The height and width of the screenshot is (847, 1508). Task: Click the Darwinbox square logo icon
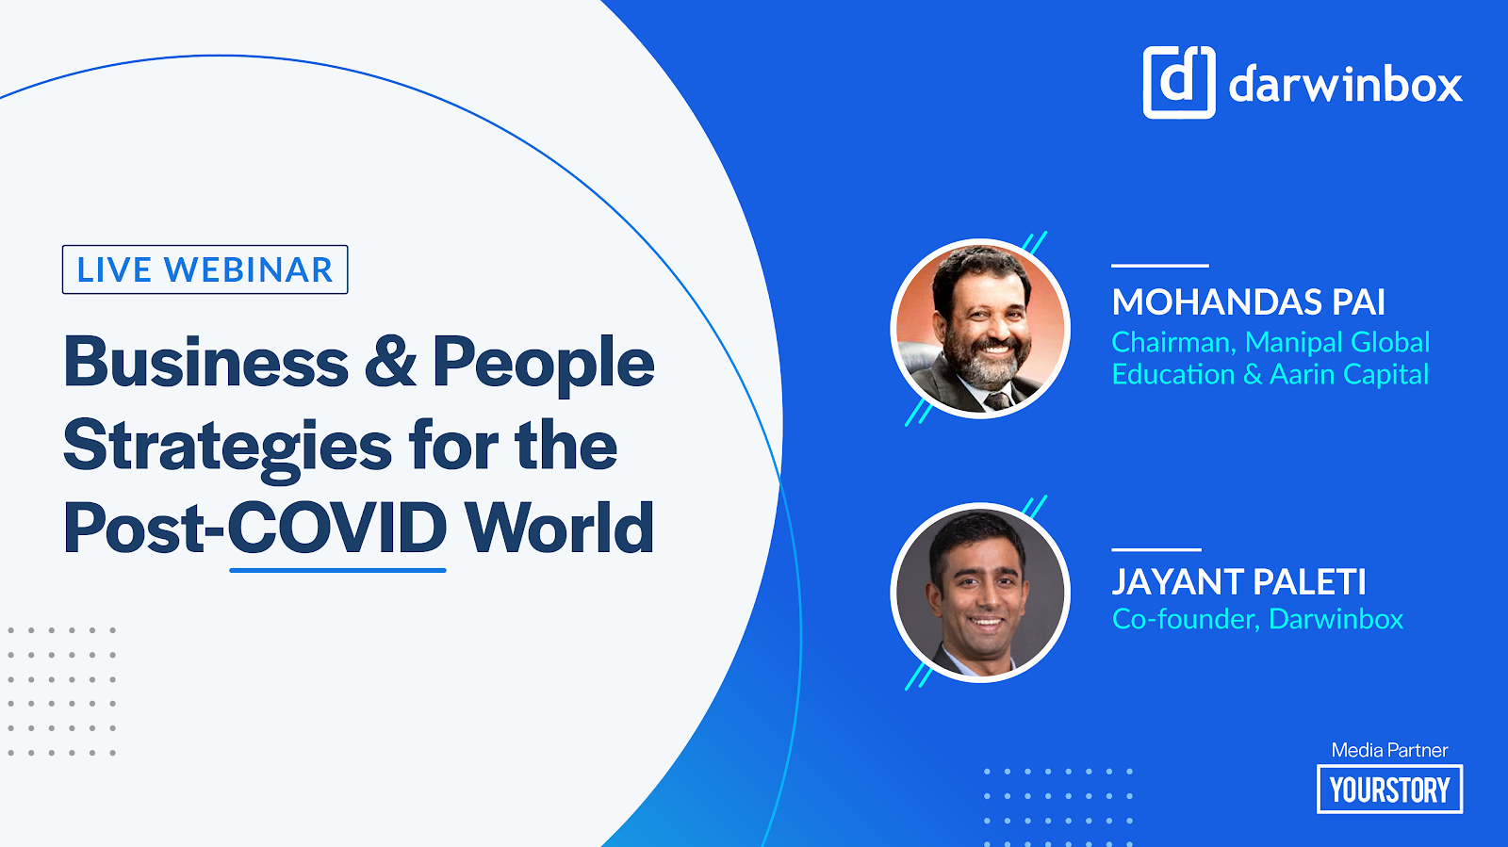[1179, 82]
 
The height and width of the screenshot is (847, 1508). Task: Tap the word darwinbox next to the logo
[1346, 84]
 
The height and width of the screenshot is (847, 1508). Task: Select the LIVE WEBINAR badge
[205, 269]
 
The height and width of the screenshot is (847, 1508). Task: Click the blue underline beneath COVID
[337, 571]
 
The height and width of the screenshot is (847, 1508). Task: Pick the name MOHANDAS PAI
[1248, 302]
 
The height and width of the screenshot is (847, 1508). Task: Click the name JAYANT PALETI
[1238, 582]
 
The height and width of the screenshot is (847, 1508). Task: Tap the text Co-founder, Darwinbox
[1257, 619]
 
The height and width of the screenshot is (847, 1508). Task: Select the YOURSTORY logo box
[1389, 790]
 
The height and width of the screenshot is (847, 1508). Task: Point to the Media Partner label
[1389, 750]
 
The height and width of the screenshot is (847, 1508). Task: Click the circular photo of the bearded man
[980, 328]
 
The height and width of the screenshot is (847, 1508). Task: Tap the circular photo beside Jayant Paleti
[980, 592]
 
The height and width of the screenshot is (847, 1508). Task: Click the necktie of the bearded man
[997, 401]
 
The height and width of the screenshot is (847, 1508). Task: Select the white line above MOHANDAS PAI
[1160, 266]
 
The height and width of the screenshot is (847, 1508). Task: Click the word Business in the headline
[206, 363]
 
